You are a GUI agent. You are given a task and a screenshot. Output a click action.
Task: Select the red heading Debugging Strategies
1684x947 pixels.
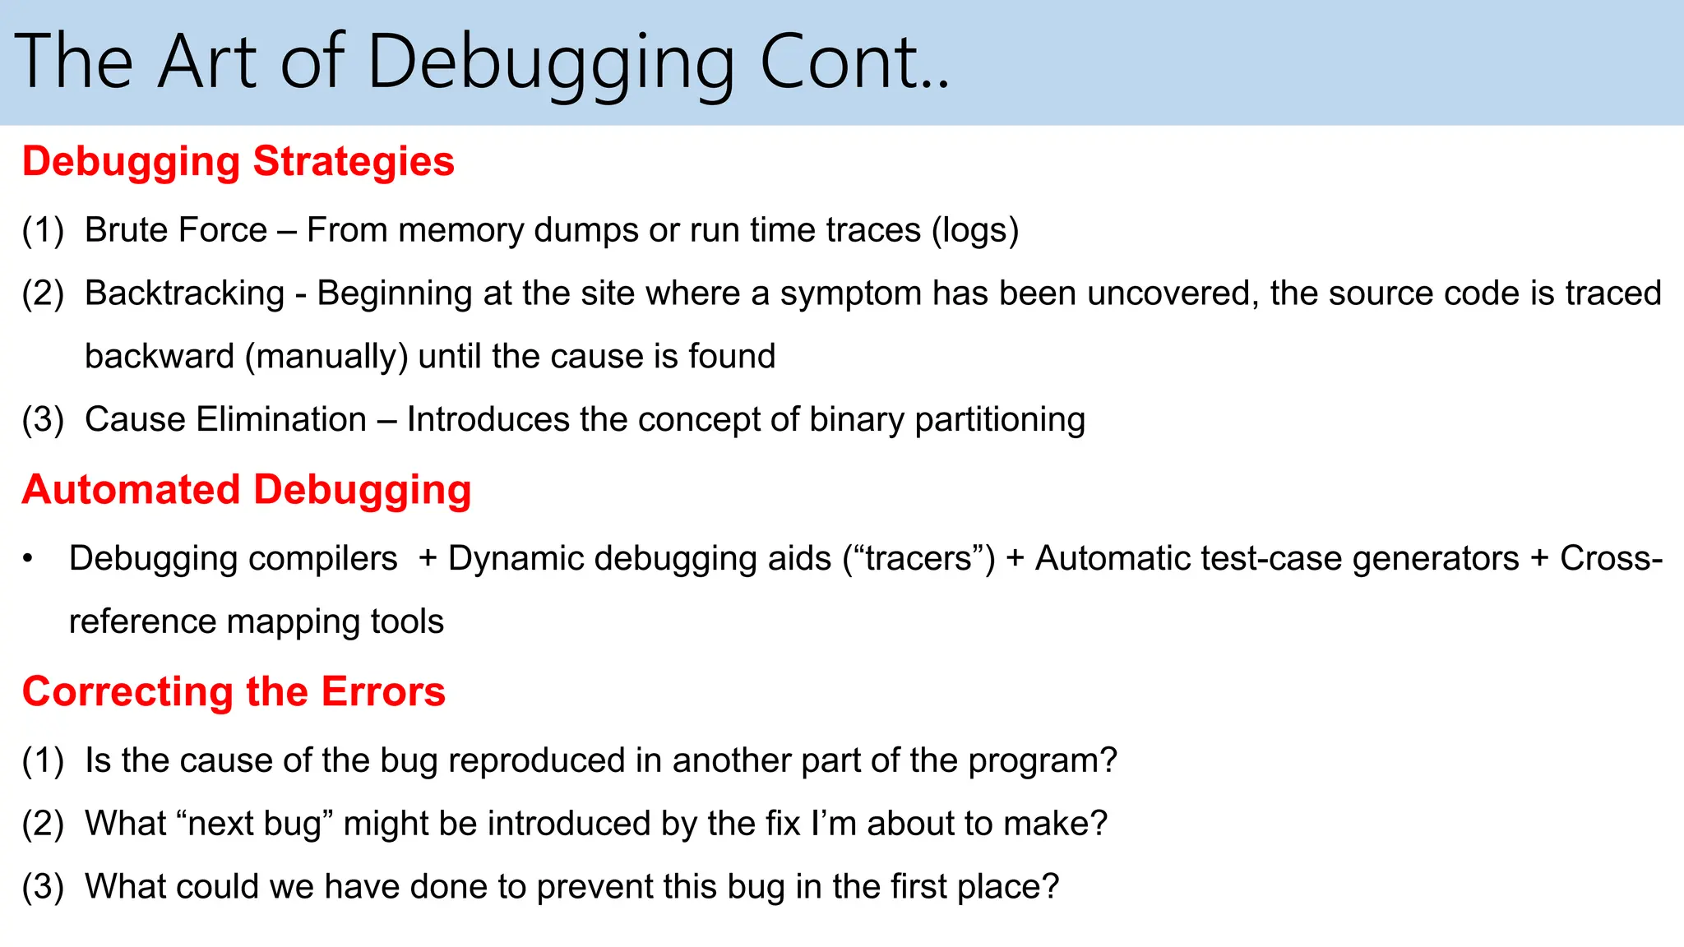(238, 161)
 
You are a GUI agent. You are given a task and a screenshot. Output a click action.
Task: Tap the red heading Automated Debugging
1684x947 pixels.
(247, 490)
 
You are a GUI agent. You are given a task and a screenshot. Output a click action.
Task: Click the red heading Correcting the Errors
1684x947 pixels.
(234, 691)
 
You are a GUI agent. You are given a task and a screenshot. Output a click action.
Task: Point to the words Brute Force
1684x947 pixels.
(176, 230)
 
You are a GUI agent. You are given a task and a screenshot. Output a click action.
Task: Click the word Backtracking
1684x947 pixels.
(184, 293)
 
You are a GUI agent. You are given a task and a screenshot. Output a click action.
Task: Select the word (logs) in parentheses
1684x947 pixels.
(974, 230)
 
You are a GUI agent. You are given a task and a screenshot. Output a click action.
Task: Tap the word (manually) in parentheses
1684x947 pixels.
(326, 357)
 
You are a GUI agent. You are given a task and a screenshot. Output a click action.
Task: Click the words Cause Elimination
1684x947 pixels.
(225, 420)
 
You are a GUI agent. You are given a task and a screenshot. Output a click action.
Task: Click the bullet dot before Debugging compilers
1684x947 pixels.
(28, 559)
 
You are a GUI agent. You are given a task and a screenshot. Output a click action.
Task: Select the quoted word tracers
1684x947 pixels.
(918, 559)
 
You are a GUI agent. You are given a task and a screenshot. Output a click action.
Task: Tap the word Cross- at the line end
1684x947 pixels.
(1611, 559)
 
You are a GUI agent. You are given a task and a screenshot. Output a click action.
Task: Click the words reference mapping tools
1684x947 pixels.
(256, 622)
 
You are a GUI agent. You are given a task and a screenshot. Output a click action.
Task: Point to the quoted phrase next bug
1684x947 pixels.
(254, 824)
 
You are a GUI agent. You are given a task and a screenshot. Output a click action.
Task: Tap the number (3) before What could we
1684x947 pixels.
(43, 887)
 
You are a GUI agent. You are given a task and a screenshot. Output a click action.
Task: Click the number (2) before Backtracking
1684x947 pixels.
(43, 293)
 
